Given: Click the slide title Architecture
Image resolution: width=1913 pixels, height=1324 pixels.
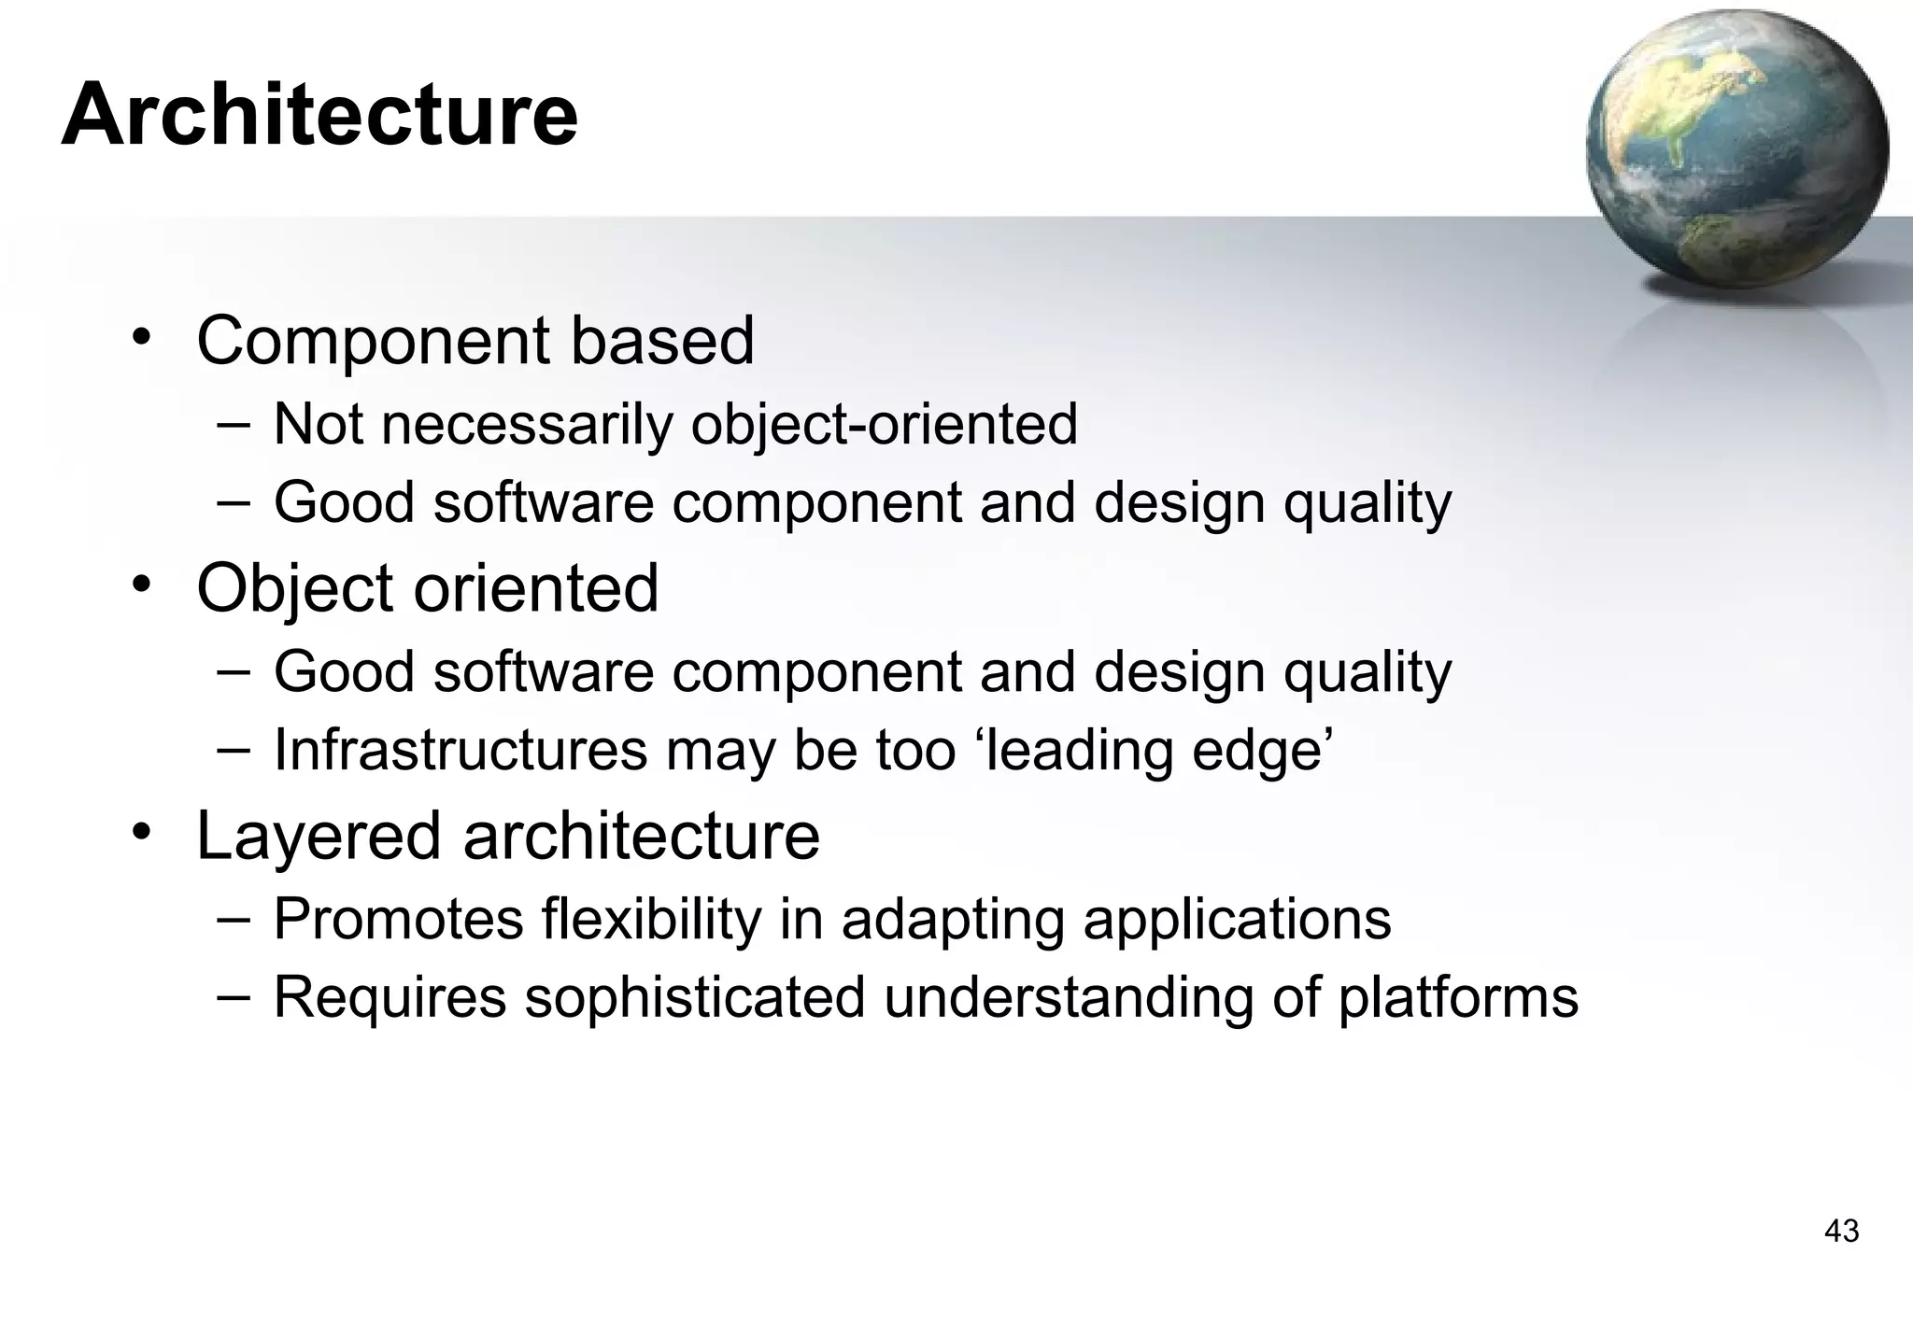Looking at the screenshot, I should pos(319,115).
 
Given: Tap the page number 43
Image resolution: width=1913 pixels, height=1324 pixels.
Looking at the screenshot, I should pos(1841,1231).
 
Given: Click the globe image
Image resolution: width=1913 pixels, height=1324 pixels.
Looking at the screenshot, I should pos(1736,149).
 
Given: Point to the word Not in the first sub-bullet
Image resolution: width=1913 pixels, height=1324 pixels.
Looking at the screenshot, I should pos(318,425).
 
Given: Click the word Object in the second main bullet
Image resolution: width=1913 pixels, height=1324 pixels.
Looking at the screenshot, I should pos(295,589).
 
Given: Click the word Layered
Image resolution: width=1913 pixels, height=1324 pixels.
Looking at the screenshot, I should pos(319,837).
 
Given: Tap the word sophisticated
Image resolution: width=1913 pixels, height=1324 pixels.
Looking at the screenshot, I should pos(695,997).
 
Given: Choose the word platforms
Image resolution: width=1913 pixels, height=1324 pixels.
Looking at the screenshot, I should pos(1458,997).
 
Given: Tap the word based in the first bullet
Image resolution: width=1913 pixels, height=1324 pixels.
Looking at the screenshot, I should pos(661,342).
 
